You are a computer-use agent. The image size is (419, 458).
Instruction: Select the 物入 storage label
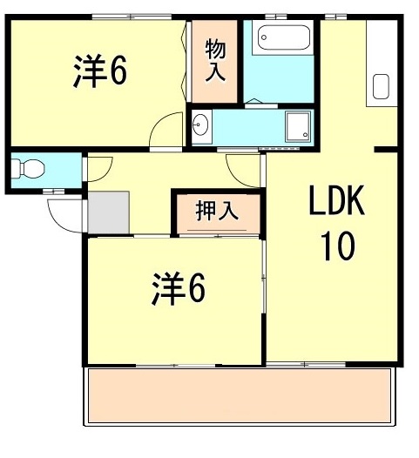point(215,59)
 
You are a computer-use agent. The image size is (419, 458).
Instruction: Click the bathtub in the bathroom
point(283,37)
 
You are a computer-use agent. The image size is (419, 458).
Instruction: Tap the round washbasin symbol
point(200,126)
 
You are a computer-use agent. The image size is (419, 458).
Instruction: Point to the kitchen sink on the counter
point(381,87)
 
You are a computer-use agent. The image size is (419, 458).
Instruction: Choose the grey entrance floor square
point(108,211)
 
